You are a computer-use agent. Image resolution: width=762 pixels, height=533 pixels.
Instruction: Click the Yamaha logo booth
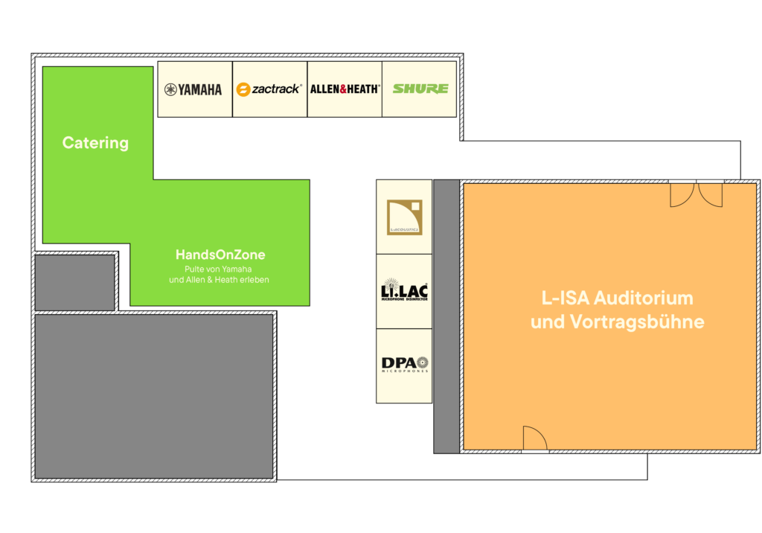click(193, 89)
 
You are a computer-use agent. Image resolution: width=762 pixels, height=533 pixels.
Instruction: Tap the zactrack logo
click(269, 89)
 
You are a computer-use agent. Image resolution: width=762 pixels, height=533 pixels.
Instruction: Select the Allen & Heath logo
click(345, 89)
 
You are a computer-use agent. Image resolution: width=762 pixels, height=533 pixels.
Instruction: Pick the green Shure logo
click(420, 89)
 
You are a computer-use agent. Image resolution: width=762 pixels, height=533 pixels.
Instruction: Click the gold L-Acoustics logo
click(404, 217)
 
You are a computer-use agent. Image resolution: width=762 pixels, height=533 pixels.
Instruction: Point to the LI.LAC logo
click(404, 291)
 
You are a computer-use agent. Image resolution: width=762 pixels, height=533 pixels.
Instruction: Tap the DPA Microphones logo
click(404, 365)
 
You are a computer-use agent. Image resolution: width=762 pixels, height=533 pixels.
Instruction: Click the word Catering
click(95, 143)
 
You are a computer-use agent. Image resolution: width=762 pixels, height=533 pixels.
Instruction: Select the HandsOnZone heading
click(220, 255)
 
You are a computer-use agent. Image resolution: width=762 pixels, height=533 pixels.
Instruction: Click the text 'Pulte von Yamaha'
click(219, 269)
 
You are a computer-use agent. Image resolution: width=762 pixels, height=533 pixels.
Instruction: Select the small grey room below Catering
click(74, 282)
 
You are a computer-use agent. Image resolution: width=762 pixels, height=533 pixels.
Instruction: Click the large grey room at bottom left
click(154, 396)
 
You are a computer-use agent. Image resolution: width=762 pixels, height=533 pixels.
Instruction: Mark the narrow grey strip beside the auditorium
click(446, 316)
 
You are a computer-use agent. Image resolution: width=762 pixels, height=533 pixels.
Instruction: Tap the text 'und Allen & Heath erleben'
click(219, 280)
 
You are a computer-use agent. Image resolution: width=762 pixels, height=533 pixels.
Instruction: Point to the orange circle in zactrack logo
click(243, 90)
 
